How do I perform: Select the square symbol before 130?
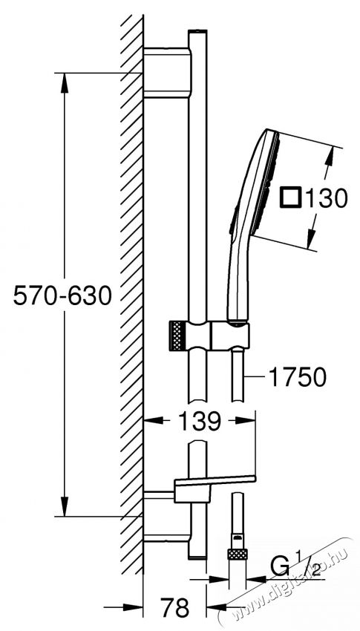pos(291,198)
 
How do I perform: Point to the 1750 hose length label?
pos(298,378)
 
